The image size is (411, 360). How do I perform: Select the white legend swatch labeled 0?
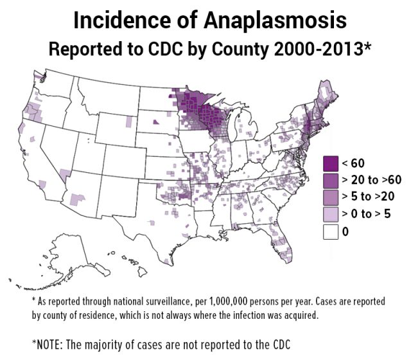point(331,231)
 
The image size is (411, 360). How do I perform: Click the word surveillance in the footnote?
point(157,301)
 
